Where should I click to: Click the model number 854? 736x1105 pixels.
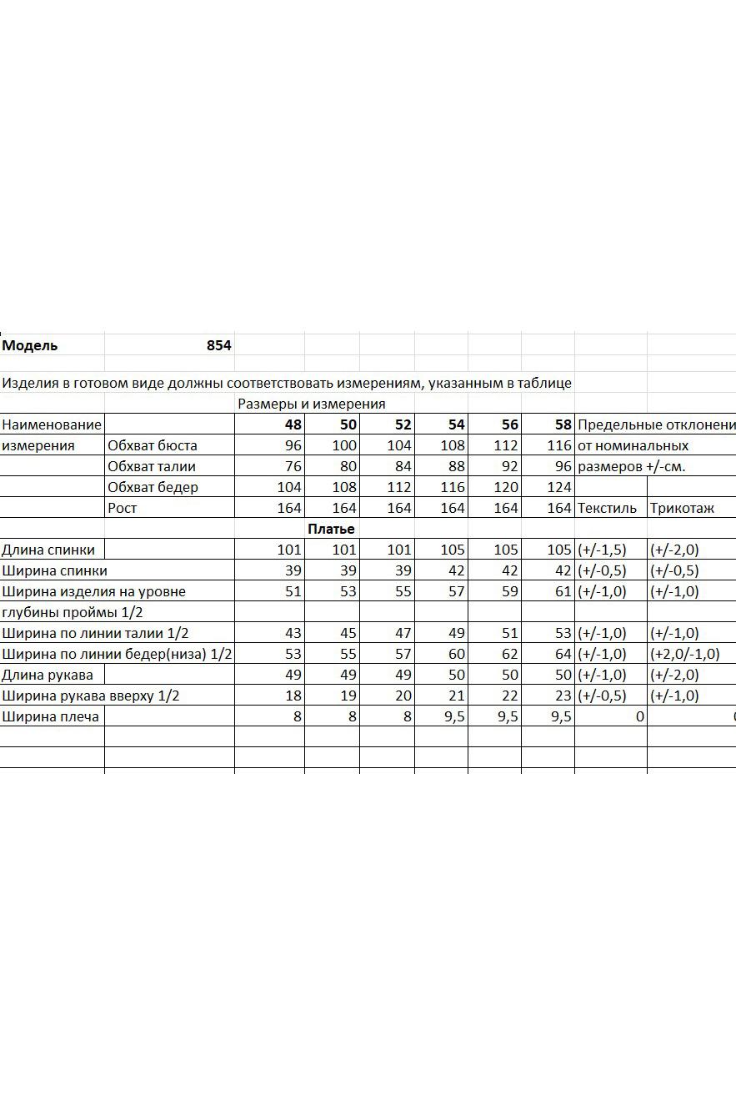pos(218,345)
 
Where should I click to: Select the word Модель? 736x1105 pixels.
pos(30,345)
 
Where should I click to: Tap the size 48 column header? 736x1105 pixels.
pos(293,424)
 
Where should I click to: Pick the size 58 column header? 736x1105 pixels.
pos(563,424)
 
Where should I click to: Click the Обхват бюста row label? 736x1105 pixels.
pos(153,445)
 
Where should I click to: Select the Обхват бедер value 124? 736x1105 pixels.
pos(559,487)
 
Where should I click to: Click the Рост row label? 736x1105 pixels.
pos(122,508)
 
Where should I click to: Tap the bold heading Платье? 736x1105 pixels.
pos(331,529)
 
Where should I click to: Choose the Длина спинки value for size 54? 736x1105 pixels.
pos(453,550)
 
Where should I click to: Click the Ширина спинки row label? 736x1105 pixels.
pos(54,570)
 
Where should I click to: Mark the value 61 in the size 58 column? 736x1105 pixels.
pos(563,591)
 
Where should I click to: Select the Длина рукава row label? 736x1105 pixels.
pos(48,675)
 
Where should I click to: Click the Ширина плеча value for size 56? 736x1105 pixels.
pos(508,716)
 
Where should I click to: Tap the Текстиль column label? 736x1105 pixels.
pos(607,508)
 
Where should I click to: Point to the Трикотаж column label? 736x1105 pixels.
pos(682,508)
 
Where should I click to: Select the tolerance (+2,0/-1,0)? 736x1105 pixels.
pos(684,654)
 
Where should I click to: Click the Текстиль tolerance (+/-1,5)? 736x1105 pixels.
pos(602,550)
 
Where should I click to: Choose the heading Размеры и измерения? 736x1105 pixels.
pos(312,404)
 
